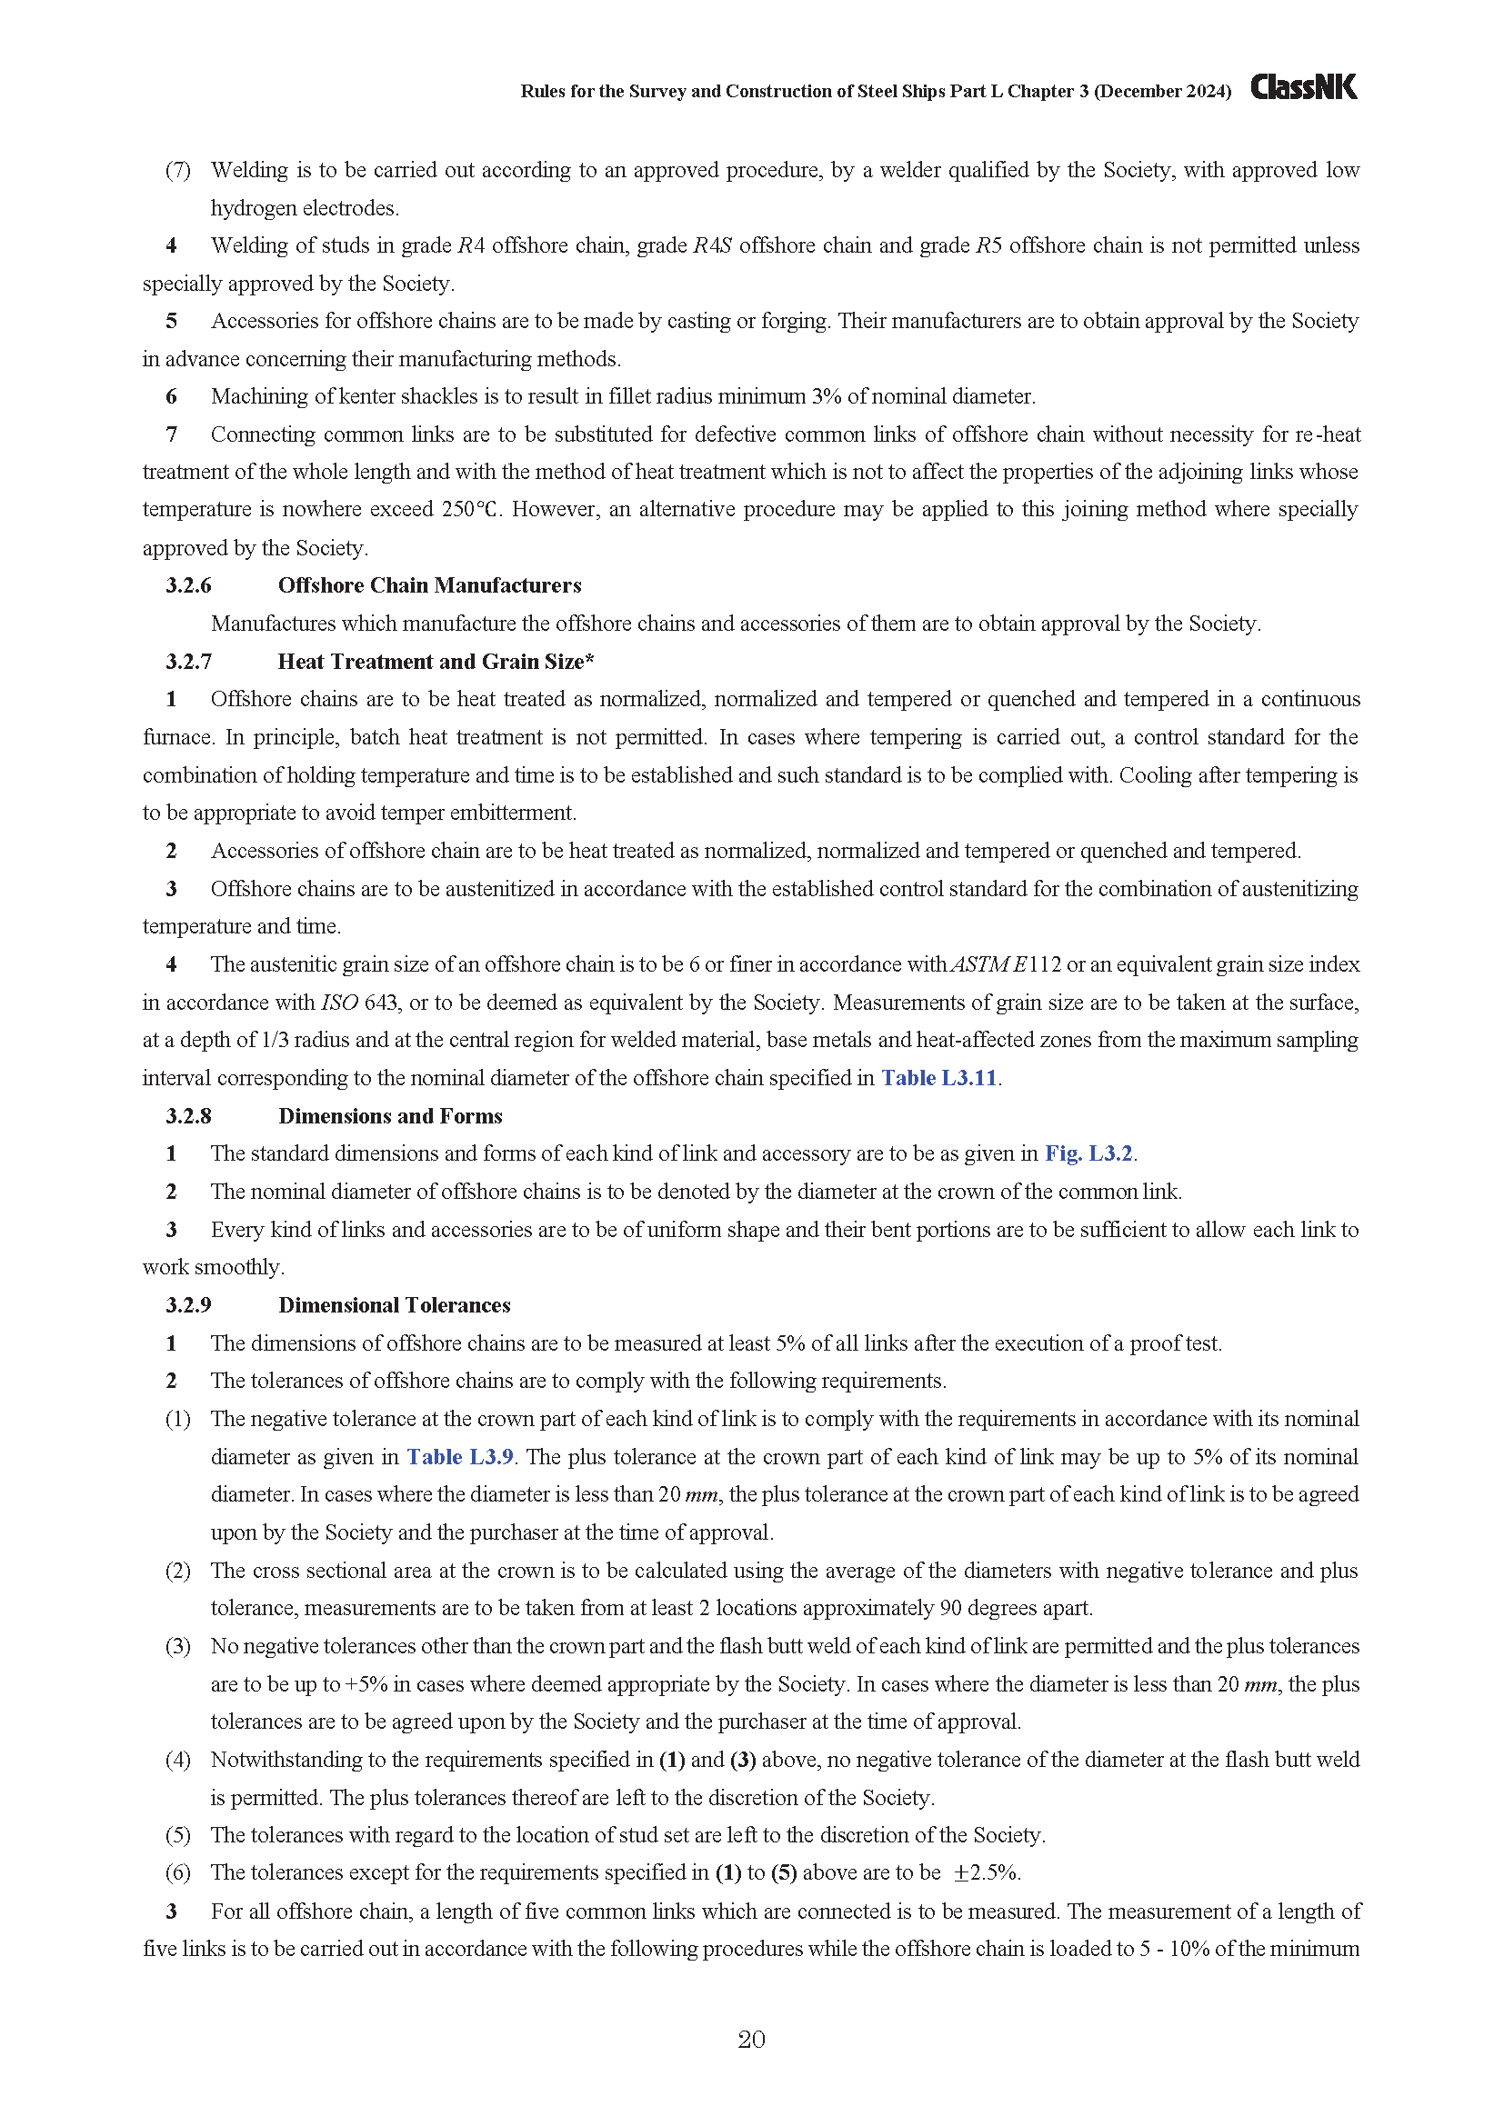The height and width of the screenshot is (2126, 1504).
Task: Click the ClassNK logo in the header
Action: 1303,87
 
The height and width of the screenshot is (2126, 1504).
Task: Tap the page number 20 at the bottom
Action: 751,2039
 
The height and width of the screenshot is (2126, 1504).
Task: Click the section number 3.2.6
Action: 189,585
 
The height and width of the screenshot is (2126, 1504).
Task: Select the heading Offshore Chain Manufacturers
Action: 430,585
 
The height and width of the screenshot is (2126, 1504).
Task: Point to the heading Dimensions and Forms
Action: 390,1116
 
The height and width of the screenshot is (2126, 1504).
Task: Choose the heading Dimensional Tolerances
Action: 395,1304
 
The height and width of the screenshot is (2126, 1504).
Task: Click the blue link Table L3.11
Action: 939,1078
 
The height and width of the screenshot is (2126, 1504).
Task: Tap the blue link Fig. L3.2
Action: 1089,1153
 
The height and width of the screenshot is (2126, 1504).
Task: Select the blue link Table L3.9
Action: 460,1456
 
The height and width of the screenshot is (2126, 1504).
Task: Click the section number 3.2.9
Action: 189,1304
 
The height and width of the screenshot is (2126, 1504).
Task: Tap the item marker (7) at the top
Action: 178,170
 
